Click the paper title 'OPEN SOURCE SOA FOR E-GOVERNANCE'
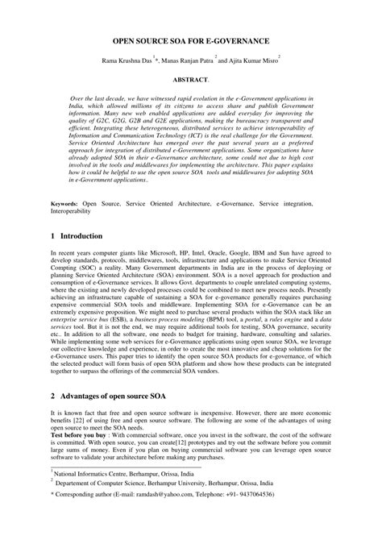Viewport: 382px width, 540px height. pyautogui.click(x=190, y=39)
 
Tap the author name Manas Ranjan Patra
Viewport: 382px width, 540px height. pyautogui.click(x=193, y=60)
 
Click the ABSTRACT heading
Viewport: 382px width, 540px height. pyautogui.click(x=190, y=81)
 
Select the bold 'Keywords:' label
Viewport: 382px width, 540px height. pyautogui.click(x=64, y=205)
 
